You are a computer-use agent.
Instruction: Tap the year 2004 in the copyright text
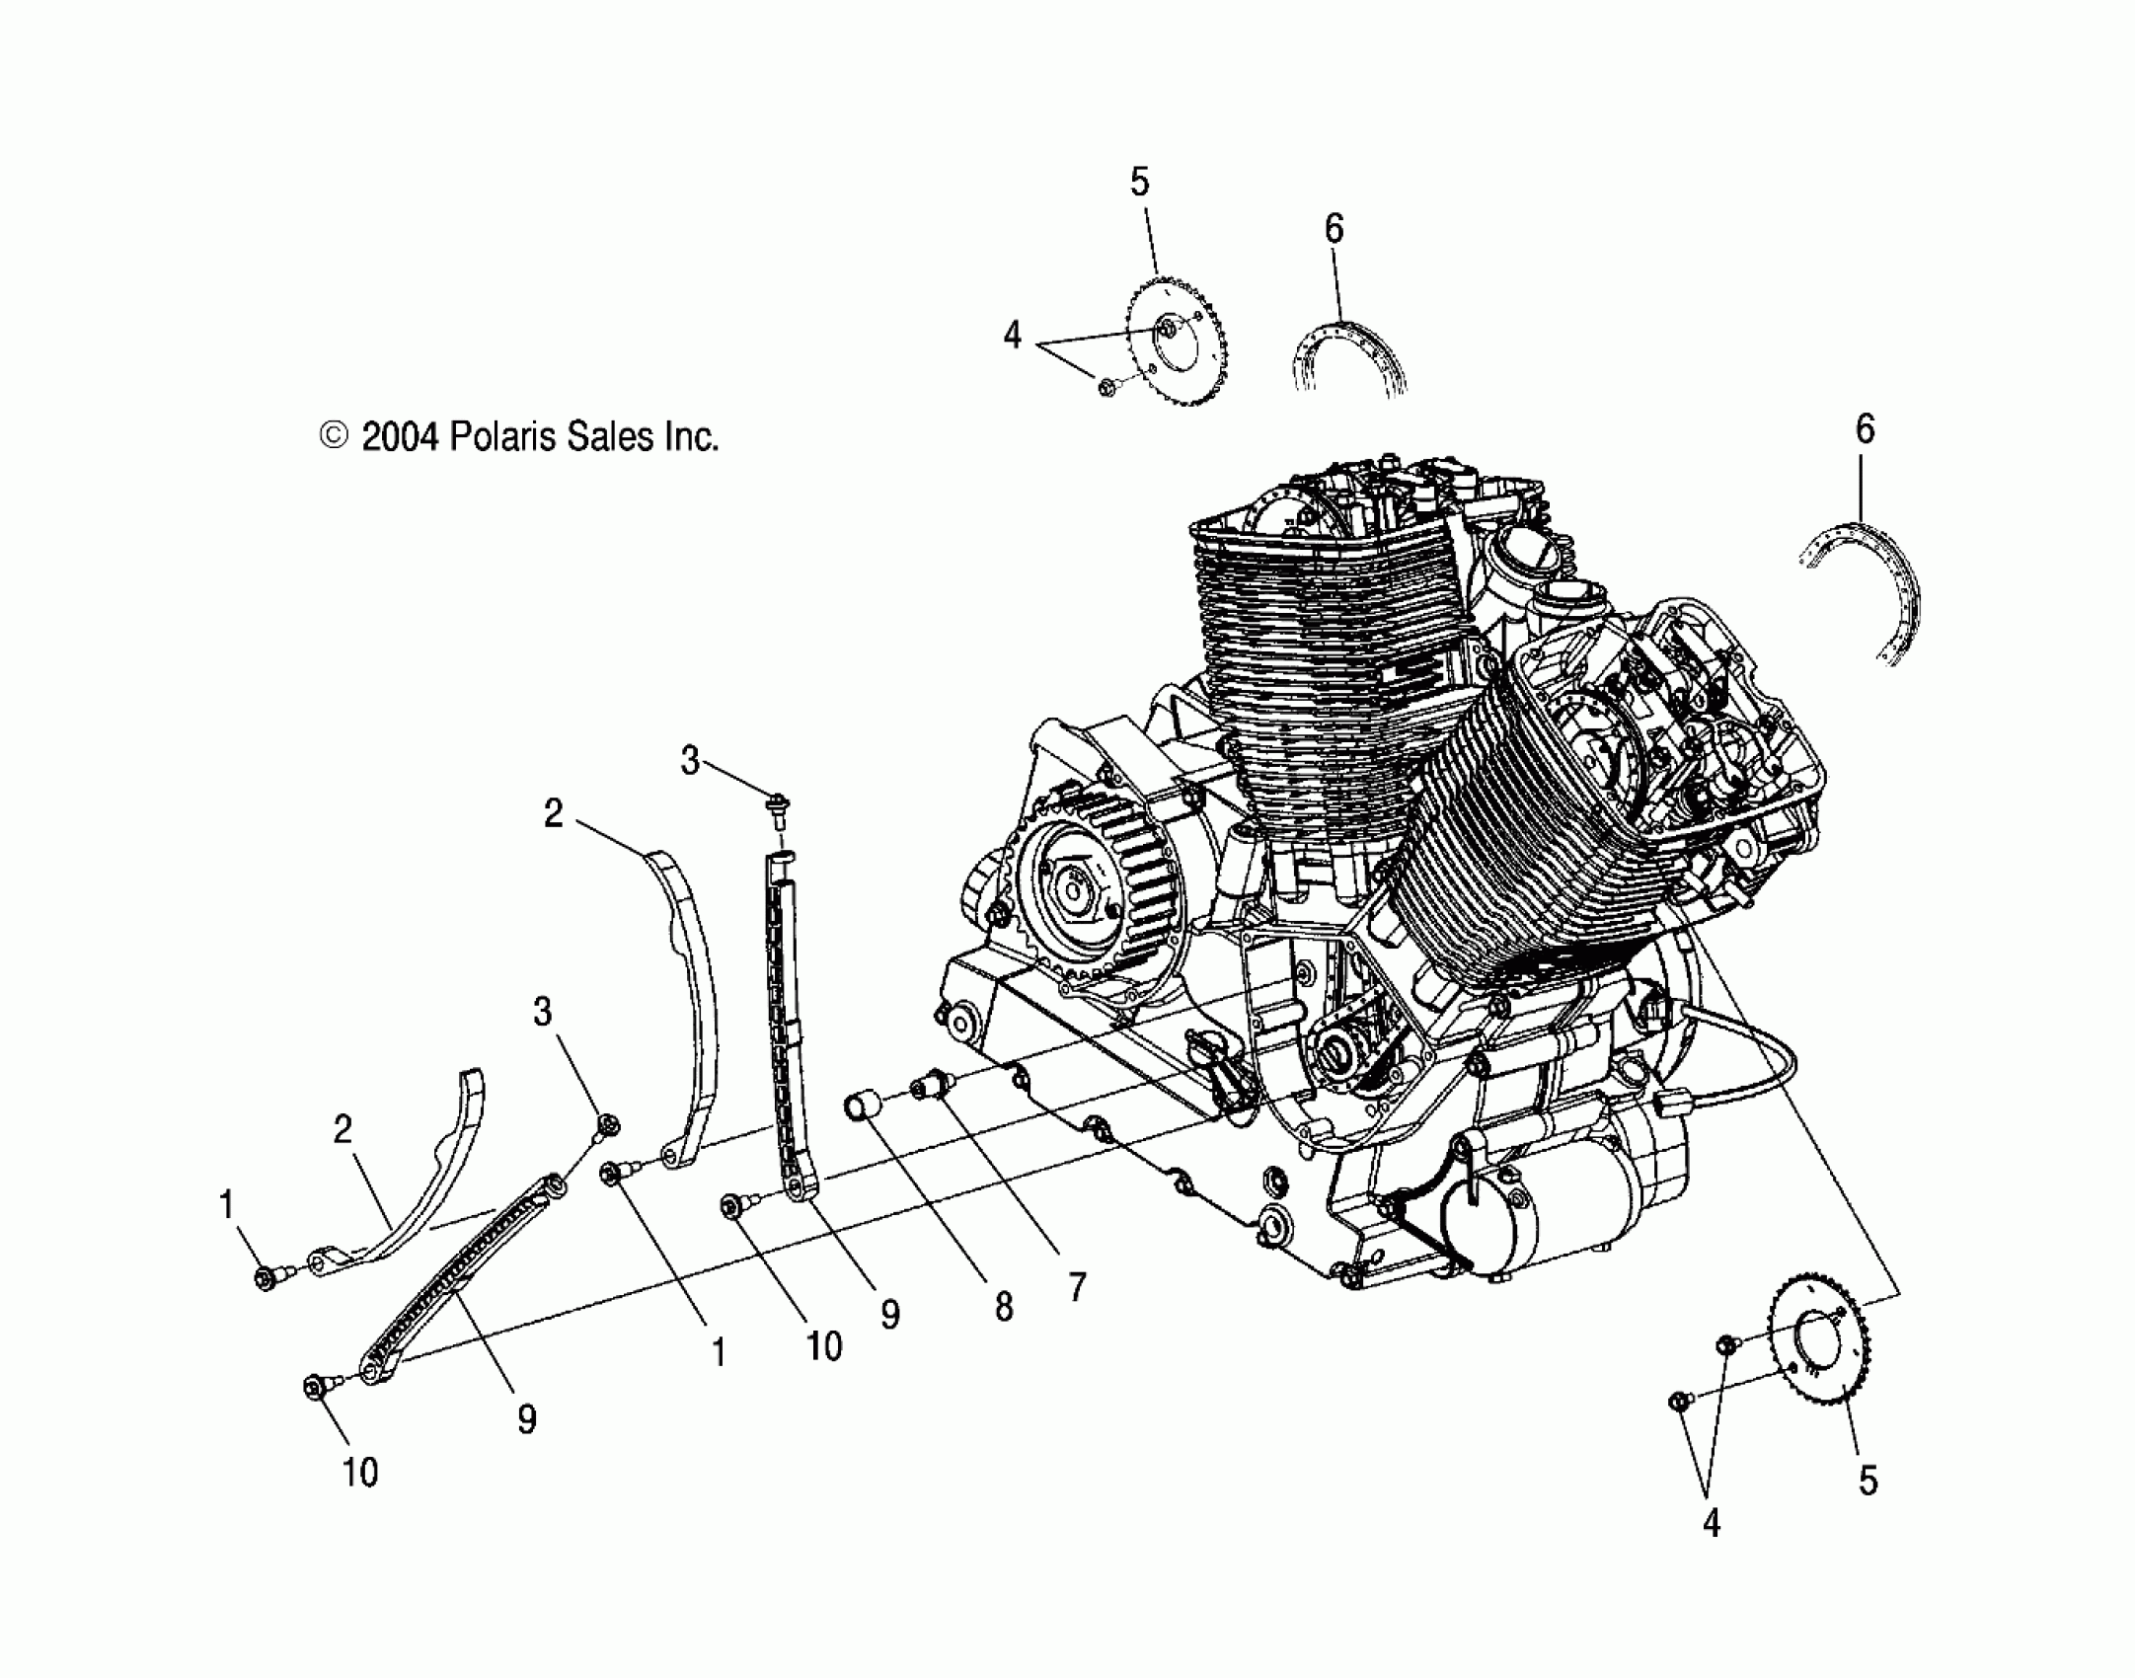pos(399,436)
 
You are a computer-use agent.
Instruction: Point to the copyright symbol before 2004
pos(335,435)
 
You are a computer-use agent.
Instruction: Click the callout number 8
pos(1003,1307)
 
